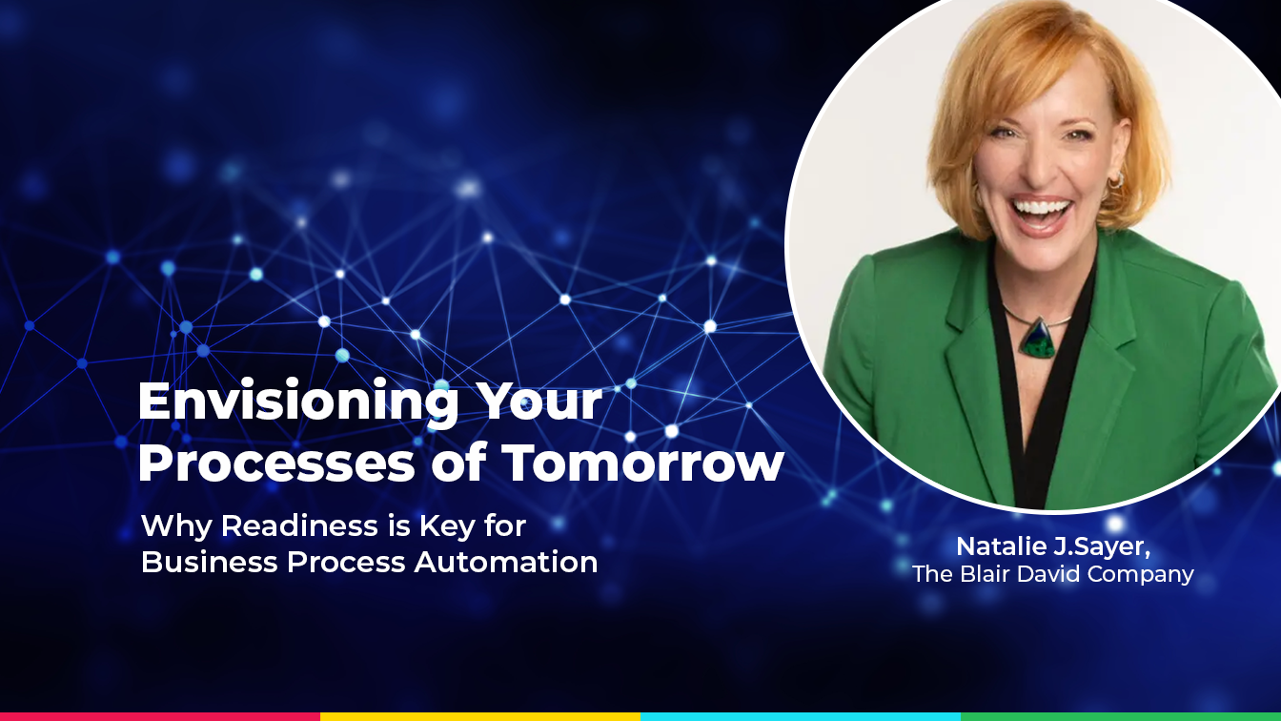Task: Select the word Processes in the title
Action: [276, 463]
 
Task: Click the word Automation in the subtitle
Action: [506, 562]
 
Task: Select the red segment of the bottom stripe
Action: [160, 716]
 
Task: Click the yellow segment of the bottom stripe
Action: [480, 716]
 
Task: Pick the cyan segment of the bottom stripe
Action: [801, 716]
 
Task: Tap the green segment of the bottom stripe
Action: [1121, 716]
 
